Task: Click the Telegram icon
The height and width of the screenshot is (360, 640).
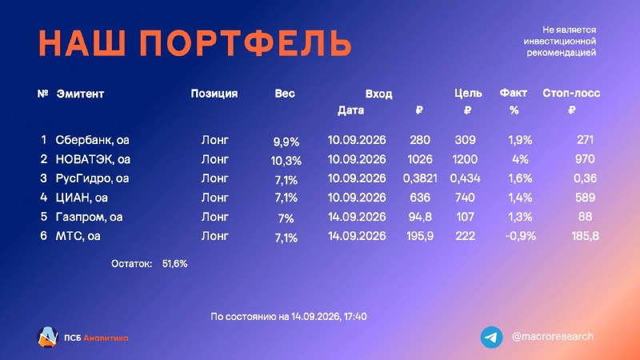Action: point(491,337)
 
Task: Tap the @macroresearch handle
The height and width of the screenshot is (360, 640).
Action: point(552,337)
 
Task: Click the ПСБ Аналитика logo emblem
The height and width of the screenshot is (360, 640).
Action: point(47,337)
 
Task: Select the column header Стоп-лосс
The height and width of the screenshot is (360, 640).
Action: point(571,94)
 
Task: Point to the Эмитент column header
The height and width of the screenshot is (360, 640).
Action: point(80,94)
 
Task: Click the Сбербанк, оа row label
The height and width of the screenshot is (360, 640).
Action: point(92,140)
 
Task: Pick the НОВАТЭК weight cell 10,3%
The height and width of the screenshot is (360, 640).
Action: point(286,161)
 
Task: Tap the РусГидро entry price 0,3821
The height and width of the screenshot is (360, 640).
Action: point(419,178)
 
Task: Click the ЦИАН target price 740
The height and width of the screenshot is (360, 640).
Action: point(465,198)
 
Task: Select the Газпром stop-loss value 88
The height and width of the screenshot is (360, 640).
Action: point(585,216)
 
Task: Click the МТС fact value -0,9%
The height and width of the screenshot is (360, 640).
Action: point(520,236)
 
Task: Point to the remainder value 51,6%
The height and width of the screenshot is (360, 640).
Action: point(174,264)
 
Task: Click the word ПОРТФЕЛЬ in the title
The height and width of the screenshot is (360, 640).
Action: point(246,43)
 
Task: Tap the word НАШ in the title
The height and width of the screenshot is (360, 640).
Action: point(82,43)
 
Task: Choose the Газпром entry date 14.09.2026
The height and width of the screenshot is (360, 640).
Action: point(357,217)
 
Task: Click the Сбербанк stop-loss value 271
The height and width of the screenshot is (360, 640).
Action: point(585,140)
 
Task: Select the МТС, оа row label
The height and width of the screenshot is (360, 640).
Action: point(78,236)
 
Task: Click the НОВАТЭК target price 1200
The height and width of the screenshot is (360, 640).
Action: point(465,159)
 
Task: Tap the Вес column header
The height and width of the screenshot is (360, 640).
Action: point(285,94)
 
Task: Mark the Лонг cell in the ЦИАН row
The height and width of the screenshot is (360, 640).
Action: point(214,198)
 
